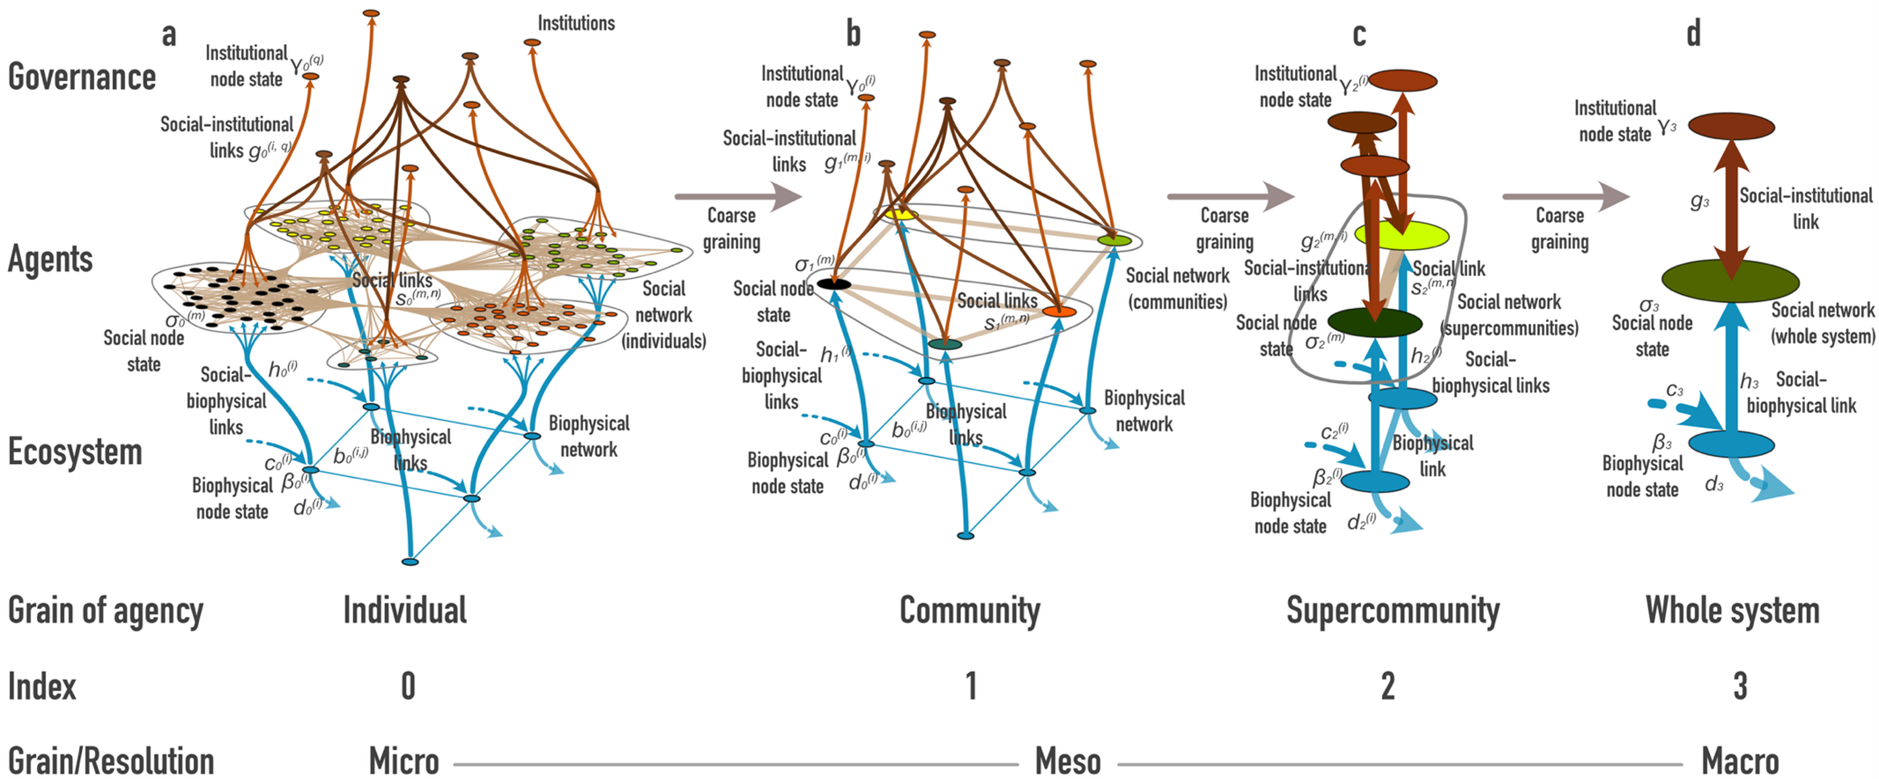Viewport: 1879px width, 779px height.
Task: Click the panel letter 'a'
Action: (x=169, y=35)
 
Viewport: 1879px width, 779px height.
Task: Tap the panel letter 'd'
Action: (x=1693, y=34)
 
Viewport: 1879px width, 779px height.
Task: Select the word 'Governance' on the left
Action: (x=82, y=77)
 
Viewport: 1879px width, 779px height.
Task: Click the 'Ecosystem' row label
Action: (x=75, y=452)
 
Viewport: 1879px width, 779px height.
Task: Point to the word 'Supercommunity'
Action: (x=1393, y=610)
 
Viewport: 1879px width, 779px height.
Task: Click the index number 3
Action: (x=1740, y=687)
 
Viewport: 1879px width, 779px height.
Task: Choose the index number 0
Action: (x=408, y=687)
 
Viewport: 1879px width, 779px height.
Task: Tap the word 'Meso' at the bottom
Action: (x=1068, y=761)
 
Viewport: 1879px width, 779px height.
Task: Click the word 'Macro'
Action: (x=1740, y=761)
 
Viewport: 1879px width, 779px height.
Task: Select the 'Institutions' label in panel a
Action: (x=576, y=24)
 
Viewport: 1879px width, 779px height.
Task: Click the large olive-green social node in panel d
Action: (x=1730, y=280)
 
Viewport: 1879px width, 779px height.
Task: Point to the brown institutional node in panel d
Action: (x=1731, y=126)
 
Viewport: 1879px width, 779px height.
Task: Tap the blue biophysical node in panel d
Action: (x=1730, y=445)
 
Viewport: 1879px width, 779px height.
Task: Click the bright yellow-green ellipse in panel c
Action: (x=1402, y=234)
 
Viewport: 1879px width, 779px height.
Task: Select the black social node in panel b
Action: (x=833, y=283)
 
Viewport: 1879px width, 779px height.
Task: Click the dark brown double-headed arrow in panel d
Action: (x=1731, y=202)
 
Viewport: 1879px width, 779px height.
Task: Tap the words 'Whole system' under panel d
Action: (x=1732, y=610)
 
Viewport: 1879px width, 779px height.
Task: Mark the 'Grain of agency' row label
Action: (x=106, y=610)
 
